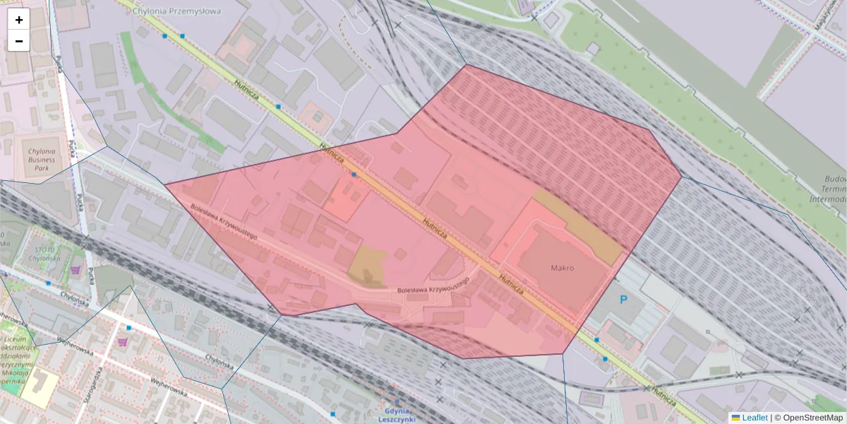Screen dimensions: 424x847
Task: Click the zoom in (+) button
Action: (x=19, y=20)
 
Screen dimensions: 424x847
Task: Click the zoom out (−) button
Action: (x=19, y=41)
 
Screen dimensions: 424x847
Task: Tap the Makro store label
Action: (x=562, y=269)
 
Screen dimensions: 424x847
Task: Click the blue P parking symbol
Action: (x=623, y=300)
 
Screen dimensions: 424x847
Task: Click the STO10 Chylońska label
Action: (x=49, y=253)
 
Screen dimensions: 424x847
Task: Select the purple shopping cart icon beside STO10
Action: (x=76, y=269)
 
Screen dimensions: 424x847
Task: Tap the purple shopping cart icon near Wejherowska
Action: (x=123, y=342)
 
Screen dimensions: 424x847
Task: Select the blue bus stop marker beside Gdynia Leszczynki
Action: (x=332, y=413)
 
